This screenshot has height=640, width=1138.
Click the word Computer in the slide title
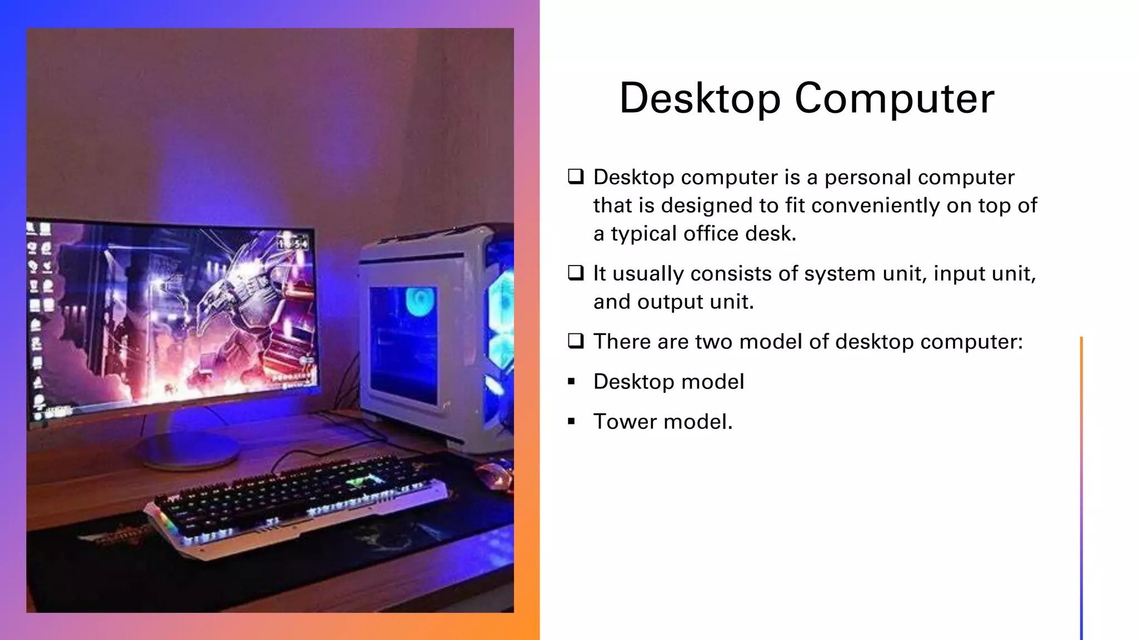point(894,98)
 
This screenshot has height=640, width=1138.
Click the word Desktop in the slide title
point(700,98)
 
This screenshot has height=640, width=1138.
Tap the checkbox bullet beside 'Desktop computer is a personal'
point(576,177)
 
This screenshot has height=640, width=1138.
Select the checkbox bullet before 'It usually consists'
point(576,273)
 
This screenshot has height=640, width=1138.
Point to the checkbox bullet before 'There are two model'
point(576,341)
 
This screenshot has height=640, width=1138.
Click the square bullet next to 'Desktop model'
point(571,382)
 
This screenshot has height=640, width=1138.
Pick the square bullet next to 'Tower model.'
point(571,422)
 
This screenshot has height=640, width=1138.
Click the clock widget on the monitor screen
point(293,243)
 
